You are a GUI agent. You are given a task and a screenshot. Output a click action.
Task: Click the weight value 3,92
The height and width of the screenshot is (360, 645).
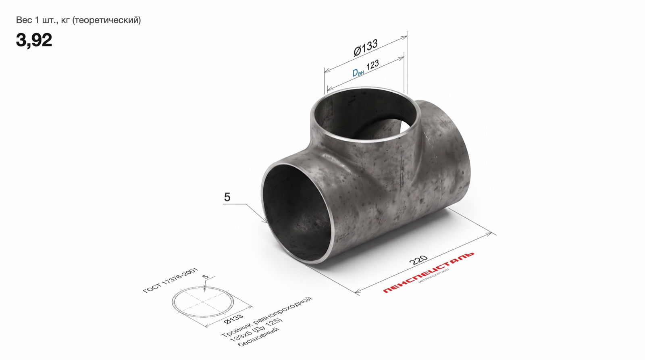(34, 40)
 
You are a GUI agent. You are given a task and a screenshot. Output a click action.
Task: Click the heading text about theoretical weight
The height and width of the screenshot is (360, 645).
(78, 20)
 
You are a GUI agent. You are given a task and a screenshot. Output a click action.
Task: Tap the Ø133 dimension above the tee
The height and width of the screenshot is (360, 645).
(365, 48)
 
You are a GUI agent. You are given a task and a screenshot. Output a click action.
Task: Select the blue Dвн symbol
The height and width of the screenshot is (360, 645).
(358, 72)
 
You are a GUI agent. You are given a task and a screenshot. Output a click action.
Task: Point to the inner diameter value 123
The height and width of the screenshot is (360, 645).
(372, 65)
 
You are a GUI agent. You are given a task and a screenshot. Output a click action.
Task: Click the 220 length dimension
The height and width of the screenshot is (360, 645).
(418, 260)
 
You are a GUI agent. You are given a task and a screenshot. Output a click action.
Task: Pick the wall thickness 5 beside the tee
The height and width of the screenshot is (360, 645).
(227, 197)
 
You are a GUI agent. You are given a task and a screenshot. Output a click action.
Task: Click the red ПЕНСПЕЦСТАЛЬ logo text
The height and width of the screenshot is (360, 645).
(429, 273)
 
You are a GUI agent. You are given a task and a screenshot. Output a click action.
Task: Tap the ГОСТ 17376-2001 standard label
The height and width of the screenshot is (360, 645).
(171, 281)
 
